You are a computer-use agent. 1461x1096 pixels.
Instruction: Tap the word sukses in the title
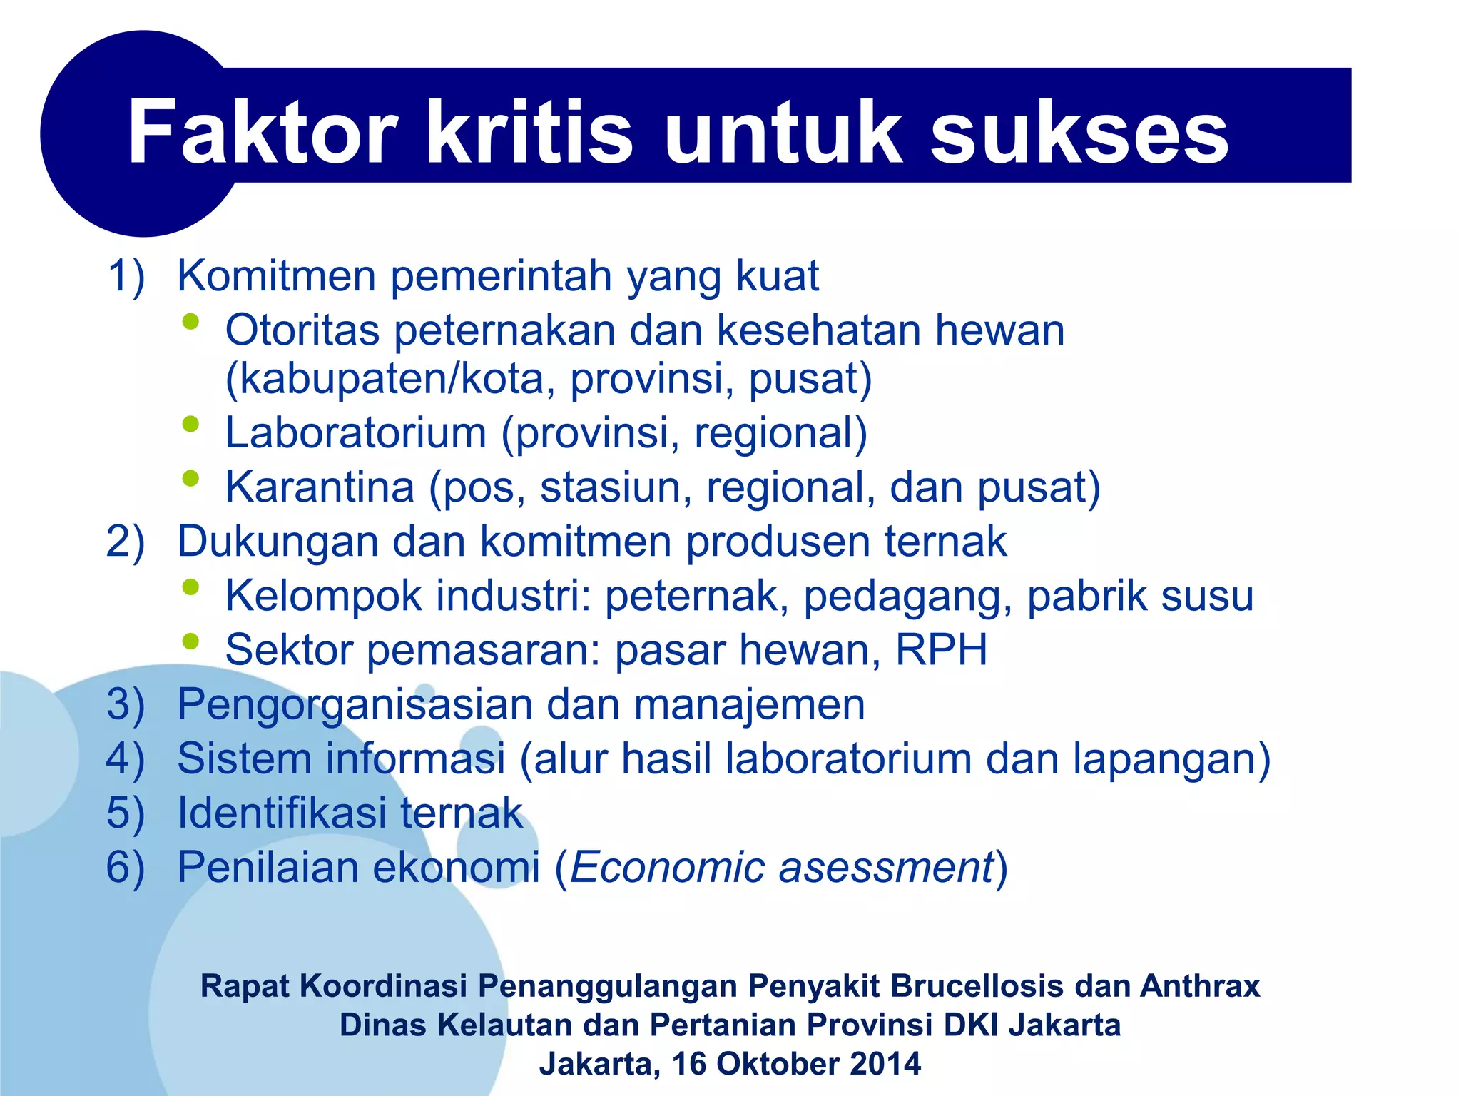pyautogui.click(x=1079, y=133)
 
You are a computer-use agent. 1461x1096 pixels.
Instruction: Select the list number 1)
pyautogui.click(x=126, y=275)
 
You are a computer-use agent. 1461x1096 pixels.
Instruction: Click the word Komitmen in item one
pyautogui.click(x=276, y=275)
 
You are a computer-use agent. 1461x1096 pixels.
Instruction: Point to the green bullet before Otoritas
pyautogui.click(x=190, y=322)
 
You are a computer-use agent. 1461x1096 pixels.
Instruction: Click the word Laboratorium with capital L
pyautogui.click(x=355, y=432)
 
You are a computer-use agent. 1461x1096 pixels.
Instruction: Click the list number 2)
pyautogui.click(x=126, y=541)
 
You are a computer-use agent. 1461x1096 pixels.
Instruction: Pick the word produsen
pyautogui.click(x=778, y=541)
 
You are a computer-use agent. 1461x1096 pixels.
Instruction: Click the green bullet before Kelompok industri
pyautogui.click(x=190, y=587)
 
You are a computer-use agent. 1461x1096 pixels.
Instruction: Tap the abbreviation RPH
pyautogui.click(x=941, y=649)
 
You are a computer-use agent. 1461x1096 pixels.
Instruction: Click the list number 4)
pyautogui.click(x=126, y=758)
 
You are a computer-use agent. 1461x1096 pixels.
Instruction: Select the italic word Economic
pyautogui.click(x=666, y=867)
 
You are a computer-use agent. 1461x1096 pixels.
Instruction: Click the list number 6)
pyautogui.click(x=126, y=867)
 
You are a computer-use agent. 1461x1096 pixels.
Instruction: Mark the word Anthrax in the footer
pyautogui.click(x=1200, y=986)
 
